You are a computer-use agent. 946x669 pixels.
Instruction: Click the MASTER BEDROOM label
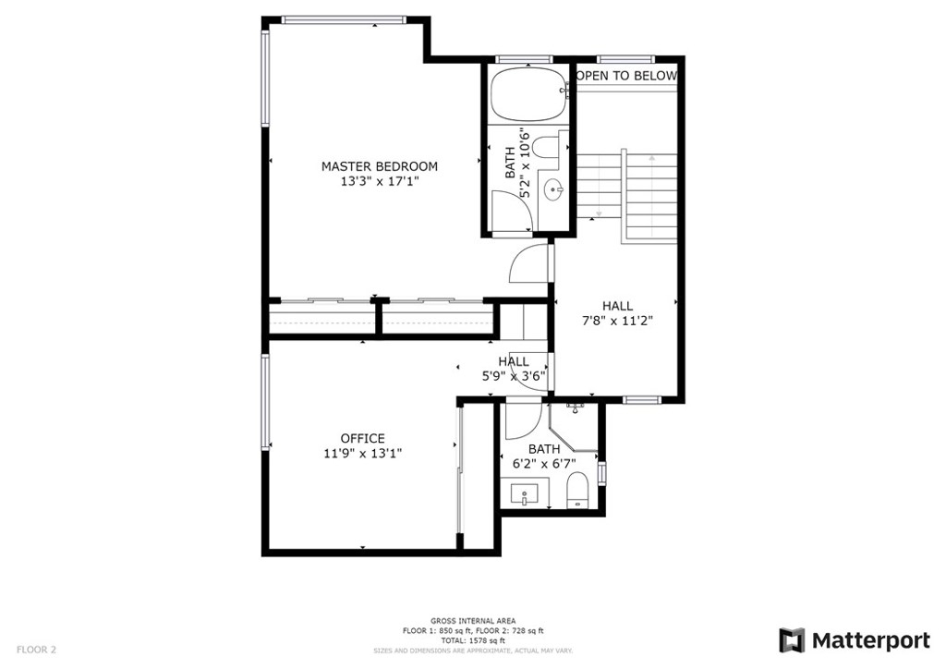click(379, 166)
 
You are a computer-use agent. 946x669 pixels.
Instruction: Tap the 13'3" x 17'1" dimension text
click(380, 182)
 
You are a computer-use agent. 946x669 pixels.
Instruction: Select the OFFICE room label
click(362, 439)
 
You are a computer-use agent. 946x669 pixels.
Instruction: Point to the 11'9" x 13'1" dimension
click(362, 453)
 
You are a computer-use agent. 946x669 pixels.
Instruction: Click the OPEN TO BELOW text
click(627, 76)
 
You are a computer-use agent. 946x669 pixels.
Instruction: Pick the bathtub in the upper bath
click(528, 93)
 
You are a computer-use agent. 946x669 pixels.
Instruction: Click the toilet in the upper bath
click(548, 147)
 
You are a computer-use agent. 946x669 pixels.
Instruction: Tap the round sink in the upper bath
click(553, 190)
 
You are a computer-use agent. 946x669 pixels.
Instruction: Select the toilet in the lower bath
click(578, 490)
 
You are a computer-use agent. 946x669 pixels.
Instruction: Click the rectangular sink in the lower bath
click(525, 493)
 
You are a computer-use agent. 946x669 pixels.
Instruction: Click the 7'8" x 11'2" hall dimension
click(617, 321)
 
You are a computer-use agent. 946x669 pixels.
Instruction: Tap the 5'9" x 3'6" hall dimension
click(514, 376)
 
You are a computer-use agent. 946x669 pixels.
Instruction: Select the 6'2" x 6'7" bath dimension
click(543, 463)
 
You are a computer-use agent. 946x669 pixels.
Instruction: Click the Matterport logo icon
click(792, 640)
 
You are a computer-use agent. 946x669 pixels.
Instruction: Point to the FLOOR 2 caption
click(36, 650)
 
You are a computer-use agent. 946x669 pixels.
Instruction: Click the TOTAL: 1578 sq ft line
click(473, 640)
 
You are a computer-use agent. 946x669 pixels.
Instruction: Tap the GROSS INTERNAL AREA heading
click(473, 621)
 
